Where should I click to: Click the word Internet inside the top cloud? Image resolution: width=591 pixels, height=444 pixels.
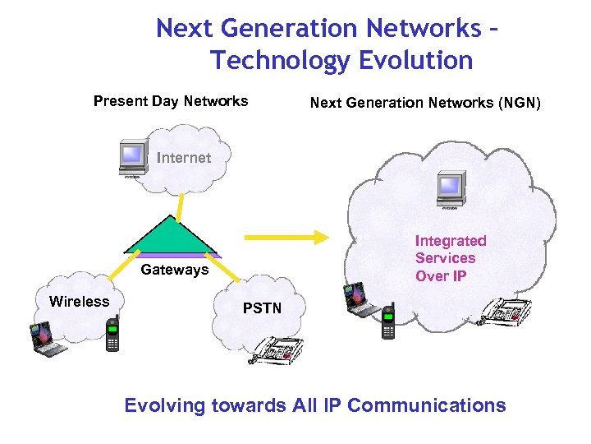tap(184, 158)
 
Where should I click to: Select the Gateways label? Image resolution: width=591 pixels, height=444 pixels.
tap(174, 270)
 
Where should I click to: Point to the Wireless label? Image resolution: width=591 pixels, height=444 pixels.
tap(79, 302)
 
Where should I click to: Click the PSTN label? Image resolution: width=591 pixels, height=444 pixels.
tap(262, 308)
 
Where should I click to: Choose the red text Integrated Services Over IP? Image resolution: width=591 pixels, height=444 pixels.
tap(450, 258)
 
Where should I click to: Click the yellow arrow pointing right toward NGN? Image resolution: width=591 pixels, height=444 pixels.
tap(286, 238)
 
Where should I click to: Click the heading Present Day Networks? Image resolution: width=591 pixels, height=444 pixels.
tap(171, 101)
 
